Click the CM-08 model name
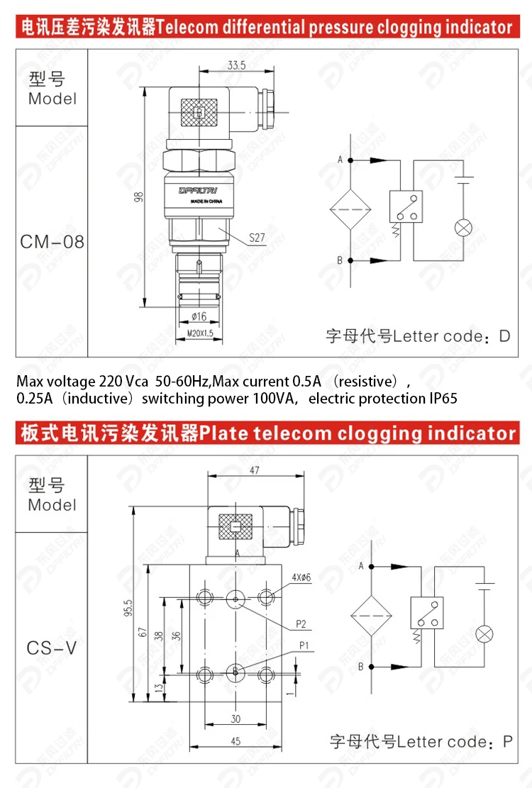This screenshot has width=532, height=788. tap(52, 242)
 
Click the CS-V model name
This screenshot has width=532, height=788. tap(52, 648)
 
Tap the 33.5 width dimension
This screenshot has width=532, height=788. tap(236, 65)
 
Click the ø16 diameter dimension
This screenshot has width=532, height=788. tap(199, 316)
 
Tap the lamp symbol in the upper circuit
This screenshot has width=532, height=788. tap(464, 227)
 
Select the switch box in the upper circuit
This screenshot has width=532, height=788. tap(405, 207)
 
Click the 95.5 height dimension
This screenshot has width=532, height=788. tap(128, 609)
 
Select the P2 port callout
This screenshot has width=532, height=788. tap(301, 624)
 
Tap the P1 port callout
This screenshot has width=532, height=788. tap(305, 645)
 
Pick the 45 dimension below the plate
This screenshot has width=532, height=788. tap(235, 742)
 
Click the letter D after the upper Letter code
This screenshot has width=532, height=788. tap(504, 336)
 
